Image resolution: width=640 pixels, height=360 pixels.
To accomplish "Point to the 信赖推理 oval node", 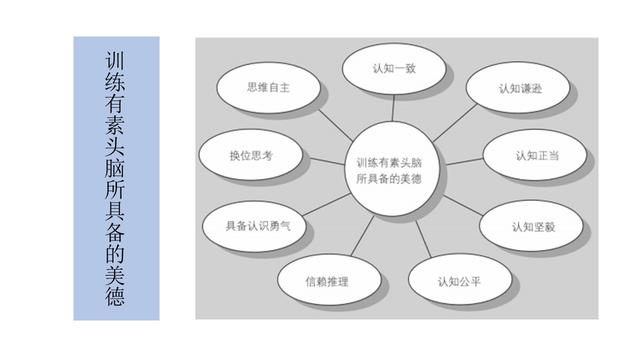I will point(326,281).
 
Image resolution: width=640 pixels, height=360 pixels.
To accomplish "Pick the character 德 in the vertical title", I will point(115,296).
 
